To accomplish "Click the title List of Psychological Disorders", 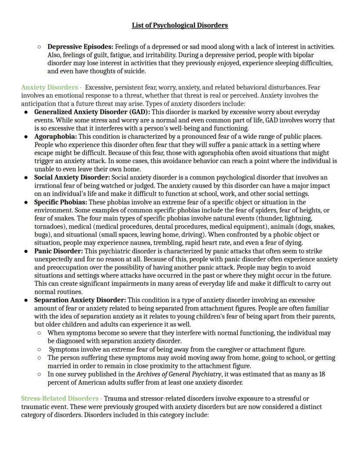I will [180, 25].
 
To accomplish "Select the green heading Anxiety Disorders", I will [50, 87].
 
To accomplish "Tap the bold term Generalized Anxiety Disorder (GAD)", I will [92, 112].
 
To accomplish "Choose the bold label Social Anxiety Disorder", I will [72, 178].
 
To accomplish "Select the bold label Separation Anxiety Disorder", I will [80, 300].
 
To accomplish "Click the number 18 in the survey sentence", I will [322, 374].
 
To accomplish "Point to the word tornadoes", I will [48, 227].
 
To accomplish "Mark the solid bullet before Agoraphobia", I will [26, 137].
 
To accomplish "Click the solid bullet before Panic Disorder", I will [26, 251].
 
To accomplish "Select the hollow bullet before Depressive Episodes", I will [39, 47].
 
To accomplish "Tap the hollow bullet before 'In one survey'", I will [39, 374].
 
